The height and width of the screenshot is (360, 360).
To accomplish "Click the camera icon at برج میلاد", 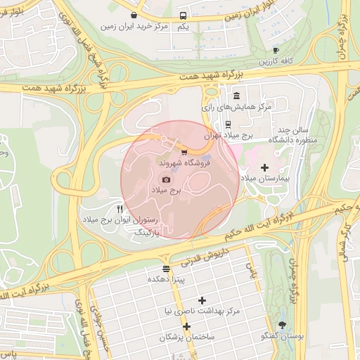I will coord(166,180).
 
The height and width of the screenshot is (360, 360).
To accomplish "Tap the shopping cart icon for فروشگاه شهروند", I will coord(184,152).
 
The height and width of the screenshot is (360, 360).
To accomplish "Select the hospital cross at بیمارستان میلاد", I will coord(264,167).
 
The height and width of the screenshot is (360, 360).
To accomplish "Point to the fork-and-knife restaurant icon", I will coord(120,210).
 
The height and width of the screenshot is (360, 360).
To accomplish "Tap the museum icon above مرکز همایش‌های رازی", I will coord(236,96).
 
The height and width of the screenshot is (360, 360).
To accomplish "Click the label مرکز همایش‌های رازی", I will coord(226,108).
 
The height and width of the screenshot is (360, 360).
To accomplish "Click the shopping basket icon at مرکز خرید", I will coord(134,14).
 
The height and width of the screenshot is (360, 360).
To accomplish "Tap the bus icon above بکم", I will coord(183,15).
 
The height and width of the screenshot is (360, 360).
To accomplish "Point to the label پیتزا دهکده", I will coord(166,279).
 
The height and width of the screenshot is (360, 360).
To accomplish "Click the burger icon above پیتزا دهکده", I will coord(166,269).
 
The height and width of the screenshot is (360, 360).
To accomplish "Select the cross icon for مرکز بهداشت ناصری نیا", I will coord(202,300).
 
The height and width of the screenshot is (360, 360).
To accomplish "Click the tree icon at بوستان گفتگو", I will coord(283,325).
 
